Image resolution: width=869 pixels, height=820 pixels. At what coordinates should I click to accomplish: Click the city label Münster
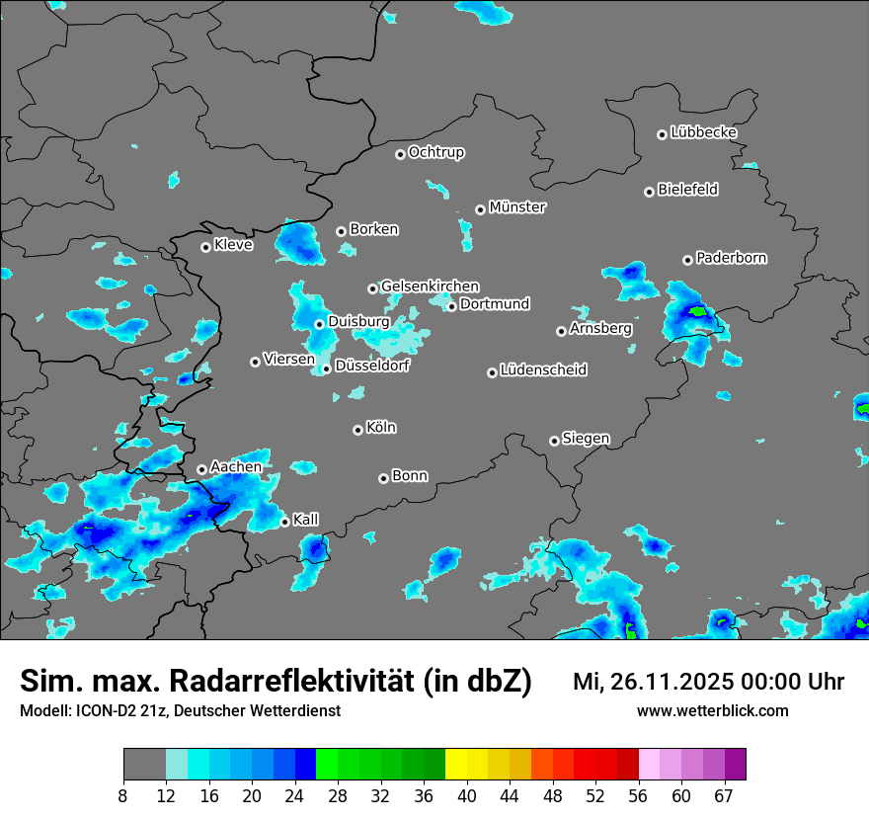pyautogui.click(x=517, y=207)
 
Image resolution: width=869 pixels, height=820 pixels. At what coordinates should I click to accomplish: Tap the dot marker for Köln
pyautogui.click(x=357, y=430)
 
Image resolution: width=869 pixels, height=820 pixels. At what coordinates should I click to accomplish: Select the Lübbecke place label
pyautogui.click(x=703, y=132)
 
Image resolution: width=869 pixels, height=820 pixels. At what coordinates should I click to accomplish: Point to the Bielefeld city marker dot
pyautogui.click(x=649, y=192)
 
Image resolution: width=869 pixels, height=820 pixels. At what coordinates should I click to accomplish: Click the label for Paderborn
pyautogui.click(x=732, y=258)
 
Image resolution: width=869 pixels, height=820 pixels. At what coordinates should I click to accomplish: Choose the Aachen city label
pyautogui.click(x=236, y=466)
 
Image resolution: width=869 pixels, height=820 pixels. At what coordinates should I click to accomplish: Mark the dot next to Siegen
pyautogui.click(x=554, y=441)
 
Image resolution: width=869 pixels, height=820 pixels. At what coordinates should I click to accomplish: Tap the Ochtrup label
pyautogui.click(x=436, y=152)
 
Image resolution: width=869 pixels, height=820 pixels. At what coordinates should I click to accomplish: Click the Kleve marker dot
pyautogui.click(x=205, y=247)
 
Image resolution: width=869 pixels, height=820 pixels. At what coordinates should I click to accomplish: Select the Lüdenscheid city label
pyautogui.click(x=543, y=370)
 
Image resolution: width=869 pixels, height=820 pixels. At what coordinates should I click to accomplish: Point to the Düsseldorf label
pyautogui.click(x=372, y=366)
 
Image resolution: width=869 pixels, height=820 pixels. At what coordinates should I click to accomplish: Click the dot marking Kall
pyautogui.click(x=284, y=522)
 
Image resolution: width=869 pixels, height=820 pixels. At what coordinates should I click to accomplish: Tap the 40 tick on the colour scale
pyautogui.click(x=467, y=795)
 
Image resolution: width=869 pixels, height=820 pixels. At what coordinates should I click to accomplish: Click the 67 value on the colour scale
pyautogui.click(x=724, y=795)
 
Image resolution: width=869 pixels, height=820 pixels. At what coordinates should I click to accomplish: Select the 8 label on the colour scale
pyautogui.click(x=123, y=795)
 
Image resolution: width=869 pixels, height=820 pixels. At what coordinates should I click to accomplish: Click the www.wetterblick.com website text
pyautogui.click(x=713, y=710)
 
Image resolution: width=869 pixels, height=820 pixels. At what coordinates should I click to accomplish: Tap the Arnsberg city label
pyautogui.click(x=600, y=328)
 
